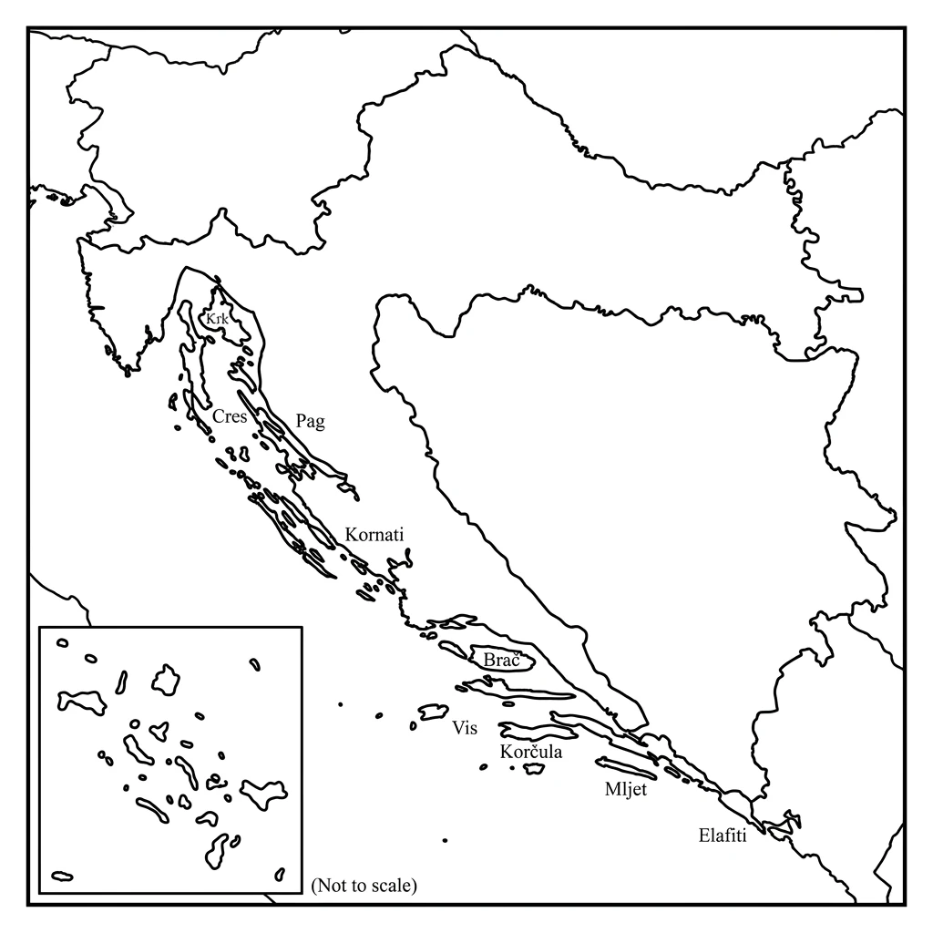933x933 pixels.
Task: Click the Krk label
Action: [x=217, y=320]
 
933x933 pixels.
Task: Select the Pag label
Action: [x=310, y=421]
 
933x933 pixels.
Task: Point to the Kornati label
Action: [x=374, y=535]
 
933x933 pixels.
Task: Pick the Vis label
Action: [x=464, y=728]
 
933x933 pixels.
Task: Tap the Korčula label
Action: [x=531, y=753]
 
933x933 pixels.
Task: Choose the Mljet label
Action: [x=625, y=790]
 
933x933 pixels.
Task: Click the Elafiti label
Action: [x=723, y=836]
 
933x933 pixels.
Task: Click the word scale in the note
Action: [x=390, y=885]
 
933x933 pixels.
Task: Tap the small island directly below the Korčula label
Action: [x=534, y=769]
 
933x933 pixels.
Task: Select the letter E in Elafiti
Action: [x=703, y=836]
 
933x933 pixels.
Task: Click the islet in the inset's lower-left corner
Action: [x=62, y=877]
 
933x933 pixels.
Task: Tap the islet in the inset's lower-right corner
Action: [x=281, y=875]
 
